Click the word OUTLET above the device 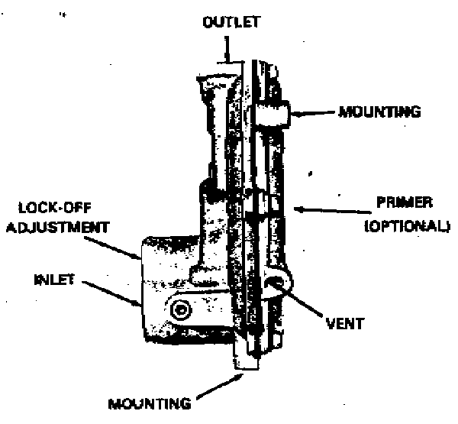pos(231,22)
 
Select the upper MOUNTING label pos(379,112)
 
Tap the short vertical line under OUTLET pos(227,50)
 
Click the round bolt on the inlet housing pos(182,309)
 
